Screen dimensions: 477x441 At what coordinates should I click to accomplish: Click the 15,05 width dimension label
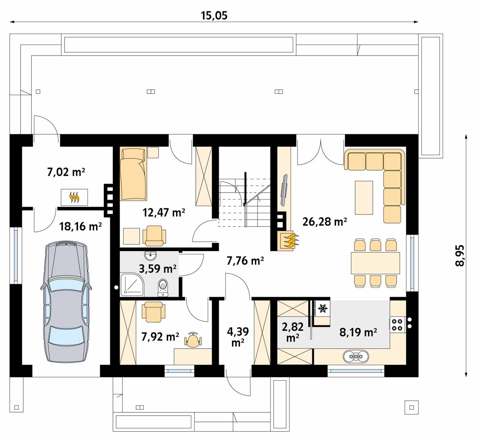pyautogui.click(x=214, y=15)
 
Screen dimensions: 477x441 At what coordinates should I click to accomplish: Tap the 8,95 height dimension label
pyautogui.click(x=460, y=256)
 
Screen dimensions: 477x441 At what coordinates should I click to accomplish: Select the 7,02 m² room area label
pyautogui.click(x=66, y=172)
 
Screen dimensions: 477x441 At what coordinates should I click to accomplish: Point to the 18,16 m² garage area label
pyautogui.click(x=80, y=226)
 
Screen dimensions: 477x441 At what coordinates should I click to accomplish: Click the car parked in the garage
pyautogui.click(x=65, y=301)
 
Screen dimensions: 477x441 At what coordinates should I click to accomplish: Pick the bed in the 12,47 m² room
pyautogui.click(x=134, y=174)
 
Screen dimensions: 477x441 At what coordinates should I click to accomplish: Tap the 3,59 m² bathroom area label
pyautogui.click(x=158, y=269)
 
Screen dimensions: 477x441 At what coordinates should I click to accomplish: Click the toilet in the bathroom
pyautogui.click(x=163, y=287)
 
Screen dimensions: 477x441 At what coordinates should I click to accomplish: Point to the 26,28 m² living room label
pyautogui.click(x=325, y=222)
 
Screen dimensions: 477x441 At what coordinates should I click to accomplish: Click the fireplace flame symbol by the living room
pyautogui.click(x=289, y=241)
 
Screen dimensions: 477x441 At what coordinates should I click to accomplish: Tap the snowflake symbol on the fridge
pyautogui.click(x=322, y=308)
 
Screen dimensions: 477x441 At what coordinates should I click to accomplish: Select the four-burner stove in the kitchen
pyautogui.click(x=397, y=324)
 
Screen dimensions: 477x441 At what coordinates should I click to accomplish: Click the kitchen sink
pyautogui.click(x=356, y=356)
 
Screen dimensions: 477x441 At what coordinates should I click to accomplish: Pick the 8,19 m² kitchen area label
pyautogui.click(x=358, y=332)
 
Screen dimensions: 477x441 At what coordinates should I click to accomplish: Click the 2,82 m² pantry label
pyautogui.click(x=293, y=332)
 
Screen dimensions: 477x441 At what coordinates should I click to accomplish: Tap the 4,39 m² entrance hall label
pyautogui.click(x=238, y=336)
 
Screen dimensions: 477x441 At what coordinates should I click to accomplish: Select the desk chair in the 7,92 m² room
pyautogui.click(x=193, y=339)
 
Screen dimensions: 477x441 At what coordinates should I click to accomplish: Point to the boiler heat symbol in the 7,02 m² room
pyautogui.click(x=74, y=197)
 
